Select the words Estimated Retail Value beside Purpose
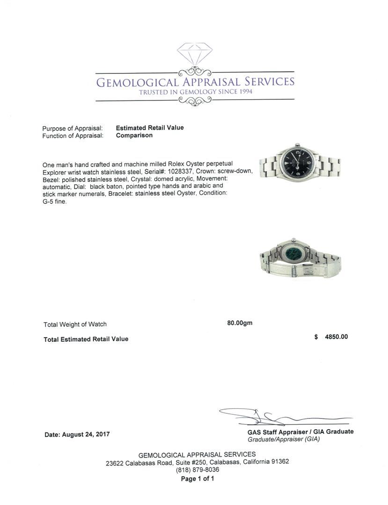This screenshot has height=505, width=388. click(x=150, y=128)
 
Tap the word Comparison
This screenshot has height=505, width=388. click(x=134, y=136)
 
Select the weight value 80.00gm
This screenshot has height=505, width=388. click(x=240, y=323)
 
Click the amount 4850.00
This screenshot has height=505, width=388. click(x=336, y=337)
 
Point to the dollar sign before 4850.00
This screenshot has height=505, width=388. click(x=316, y=337)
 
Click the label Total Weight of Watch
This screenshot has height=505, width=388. click(x=75, y=324)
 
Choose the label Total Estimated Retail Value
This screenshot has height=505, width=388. click(x=86, y=339)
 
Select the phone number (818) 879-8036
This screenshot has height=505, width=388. click(x=197, y=469)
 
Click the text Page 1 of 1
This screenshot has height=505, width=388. click(x=197, y=479)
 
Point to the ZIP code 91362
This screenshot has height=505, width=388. click(x=279, y=462)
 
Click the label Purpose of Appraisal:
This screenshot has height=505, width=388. click(x=73, y=129)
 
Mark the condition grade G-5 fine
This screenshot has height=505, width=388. click(x=55, y=202)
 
